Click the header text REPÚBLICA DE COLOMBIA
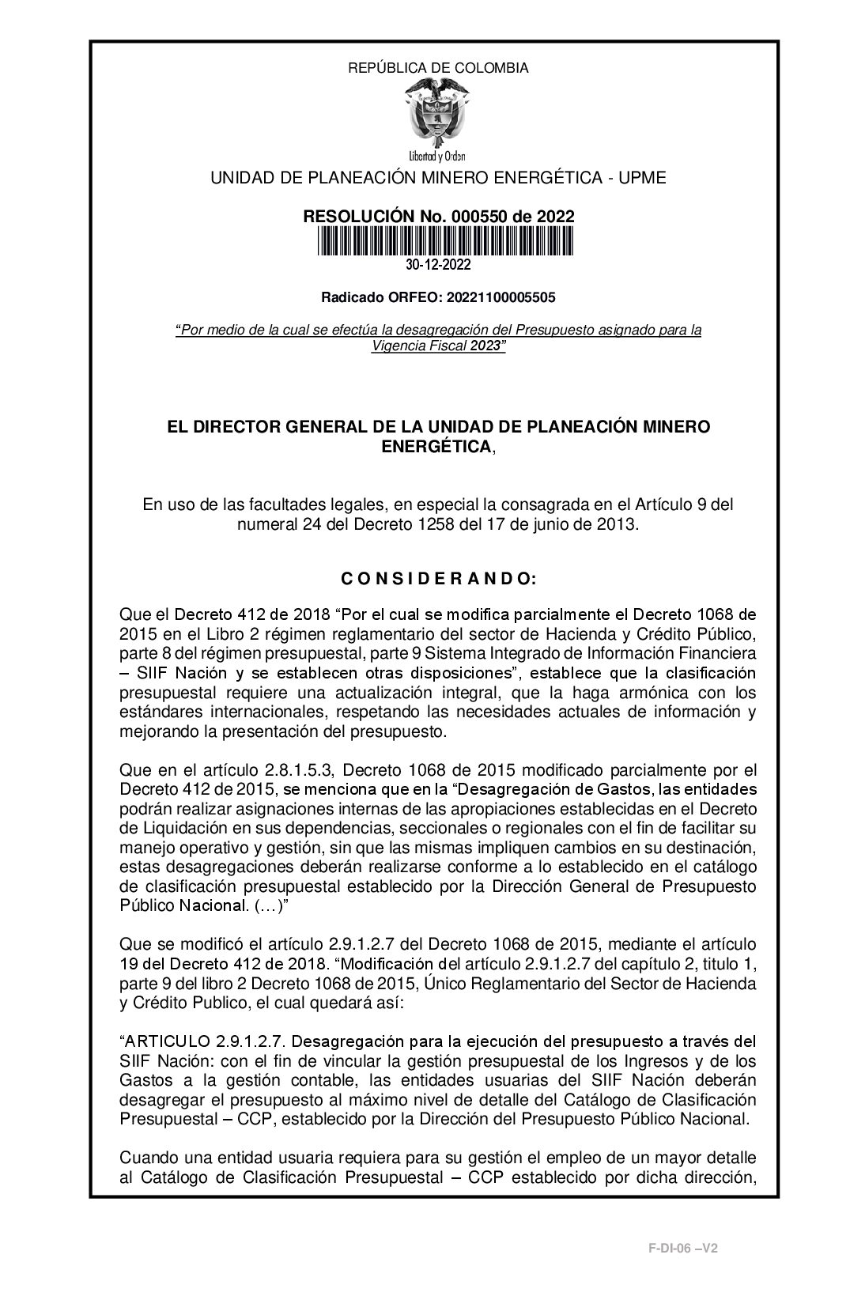438,68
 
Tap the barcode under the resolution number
445,241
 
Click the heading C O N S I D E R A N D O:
439,580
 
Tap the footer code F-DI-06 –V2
682,1248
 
